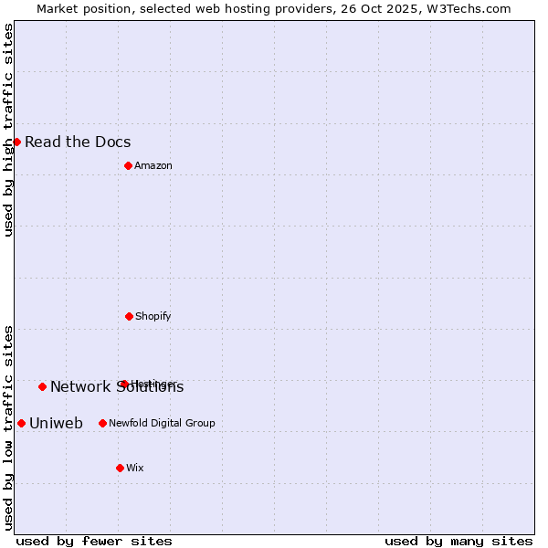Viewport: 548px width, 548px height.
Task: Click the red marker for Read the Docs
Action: [x=16, y=142]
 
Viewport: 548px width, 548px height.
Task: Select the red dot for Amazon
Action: [x=128, y=165]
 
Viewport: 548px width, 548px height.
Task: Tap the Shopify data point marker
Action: [x=129, y=316]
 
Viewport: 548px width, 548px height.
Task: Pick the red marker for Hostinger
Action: [x=124, y=384]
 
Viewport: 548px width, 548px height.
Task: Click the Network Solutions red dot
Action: [x=42, y=386]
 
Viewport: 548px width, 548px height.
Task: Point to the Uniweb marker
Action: [x=21, y=423]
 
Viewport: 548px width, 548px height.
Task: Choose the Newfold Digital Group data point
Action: [x=102, y=423]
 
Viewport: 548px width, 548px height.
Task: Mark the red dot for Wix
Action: [x=120, y=468]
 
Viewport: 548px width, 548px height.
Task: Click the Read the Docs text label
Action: [x=78, y=142]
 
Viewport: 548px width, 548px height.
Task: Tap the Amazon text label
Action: [x=153, y=165]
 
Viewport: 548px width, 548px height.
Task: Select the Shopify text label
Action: [x=153, y=316]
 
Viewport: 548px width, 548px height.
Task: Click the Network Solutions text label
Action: [x=117, y=387]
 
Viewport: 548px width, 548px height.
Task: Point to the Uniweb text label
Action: [x=56, y=423]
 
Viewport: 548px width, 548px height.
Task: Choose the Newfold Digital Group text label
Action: [x=162, y=423]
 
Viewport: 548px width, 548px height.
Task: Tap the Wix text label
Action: [x=135, y=468]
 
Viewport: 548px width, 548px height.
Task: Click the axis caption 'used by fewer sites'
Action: [x=94, y=541]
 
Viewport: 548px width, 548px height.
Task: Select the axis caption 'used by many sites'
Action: [x=458, y=541]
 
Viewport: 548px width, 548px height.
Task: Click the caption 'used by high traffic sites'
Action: [x=8, y=130]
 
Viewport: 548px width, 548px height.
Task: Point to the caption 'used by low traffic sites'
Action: [x=8, y=427]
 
